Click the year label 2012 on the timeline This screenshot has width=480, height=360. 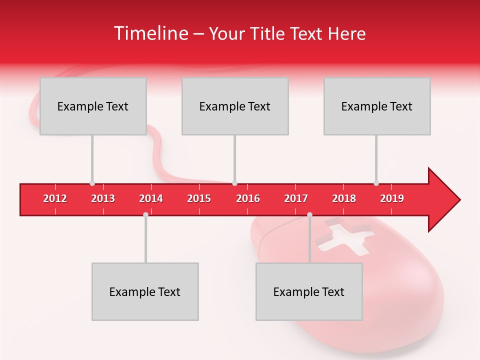tap(55, 198)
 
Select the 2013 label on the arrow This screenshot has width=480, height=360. tap(103, 198)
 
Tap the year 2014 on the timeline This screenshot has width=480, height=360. tap(151, 198)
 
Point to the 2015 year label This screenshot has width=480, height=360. tap(199, 198)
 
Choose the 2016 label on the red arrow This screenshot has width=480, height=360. tap(248, 198)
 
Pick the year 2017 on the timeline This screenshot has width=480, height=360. tap(296, 198)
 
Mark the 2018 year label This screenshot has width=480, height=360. tap(344, 198)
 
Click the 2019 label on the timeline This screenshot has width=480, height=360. tap(392, 198)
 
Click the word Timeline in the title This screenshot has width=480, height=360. tap(150, 33)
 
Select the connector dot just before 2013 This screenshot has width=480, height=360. tap(92, 183)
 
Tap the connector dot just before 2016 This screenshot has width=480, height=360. tap(234, 183)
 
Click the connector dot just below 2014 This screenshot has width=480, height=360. tap(145, 215)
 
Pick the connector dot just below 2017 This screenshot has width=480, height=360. tap(309, 215)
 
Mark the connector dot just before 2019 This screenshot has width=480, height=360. tap(376, 183)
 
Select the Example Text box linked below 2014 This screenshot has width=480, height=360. tap(145, 291)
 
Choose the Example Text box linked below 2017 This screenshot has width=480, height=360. tap(309, 291)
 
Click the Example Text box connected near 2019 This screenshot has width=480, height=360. tap(377, 106)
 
